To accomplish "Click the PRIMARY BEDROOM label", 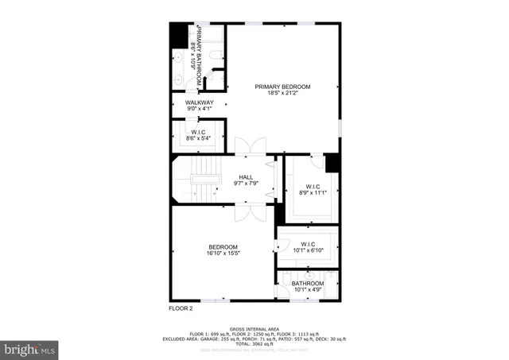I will tap(282, 86).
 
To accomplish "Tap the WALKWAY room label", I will tap(200, 103).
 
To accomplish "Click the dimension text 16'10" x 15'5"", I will tap(223, 253).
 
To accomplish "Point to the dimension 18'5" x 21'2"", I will tap(282, 93).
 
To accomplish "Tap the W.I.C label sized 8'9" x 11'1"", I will tap(312, 188).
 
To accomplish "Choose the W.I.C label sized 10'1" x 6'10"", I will tap(307, 244).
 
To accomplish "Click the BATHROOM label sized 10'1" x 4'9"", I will tap(307, 284).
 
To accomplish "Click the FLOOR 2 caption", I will tap(181, 308).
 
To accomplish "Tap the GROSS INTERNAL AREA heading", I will tap(254, 328).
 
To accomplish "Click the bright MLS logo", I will tap(30, 348).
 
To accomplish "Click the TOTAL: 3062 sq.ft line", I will tap(254, 343).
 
